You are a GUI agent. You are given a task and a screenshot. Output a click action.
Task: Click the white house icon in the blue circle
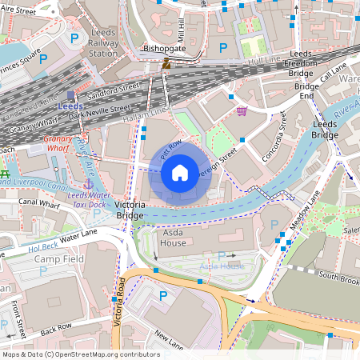[x=180, y=172]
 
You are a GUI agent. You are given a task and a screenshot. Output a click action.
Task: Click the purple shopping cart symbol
[x=242, y=111]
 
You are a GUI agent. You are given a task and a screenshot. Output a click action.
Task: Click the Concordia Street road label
[x=274, y=136]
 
